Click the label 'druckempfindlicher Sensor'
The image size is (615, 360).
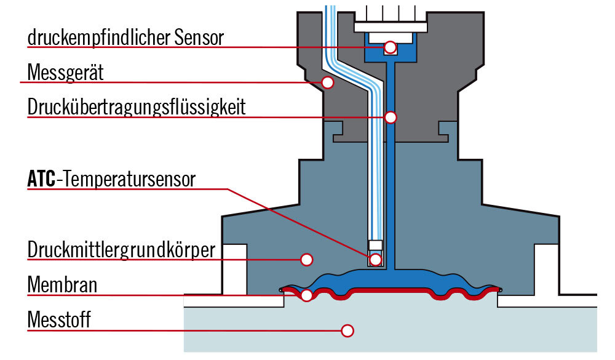pyautogui.click(x=125, y=38)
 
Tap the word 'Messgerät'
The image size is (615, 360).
pyautogui.click(x=66, y=73)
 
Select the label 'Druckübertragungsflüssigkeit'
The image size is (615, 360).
pyautogui.click(x=137, y=107)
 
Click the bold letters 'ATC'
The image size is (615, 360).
pyautogui.click(x=42, y=179)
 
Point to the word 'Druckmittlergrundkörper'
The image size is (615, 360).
pyautogui.click(x=122, y=250)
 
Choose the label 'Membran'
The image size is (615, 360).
pyautogui.click(x=62, y=285)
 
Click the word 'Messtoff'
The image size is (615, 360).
pyautogui.click(x=59, y=319)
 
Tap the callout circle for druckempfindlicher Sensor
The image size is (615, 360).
pyautogui.click(x=391, y=47)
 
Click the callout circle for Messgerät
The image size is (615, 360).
pyautogui.click(x=328, y=82)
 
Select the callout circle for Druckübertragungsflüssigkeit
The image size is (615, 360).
pyautogui.click(x=391, y=118)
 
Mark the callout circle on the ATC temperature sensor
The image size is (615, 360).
pyautogui.click(x=376, y=260)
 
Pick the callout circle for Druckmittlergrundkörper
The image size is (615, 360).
pyautogui.click(x=307, y=260)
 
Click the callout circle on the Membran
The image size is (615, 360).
pyautogui.click(x=307, y=295)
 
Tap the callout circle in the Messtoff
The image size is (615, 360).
pyautogui.click(x=347, y=331)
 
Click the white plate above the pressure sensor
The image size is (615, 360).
pyautogui.click(x=391, y=27)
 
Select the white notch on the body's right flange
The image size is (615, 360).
pyautogui.click(x=546, y=270)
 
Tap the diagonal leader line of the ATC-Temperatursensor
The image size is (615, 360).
pyautogui.click(x=299, y=223)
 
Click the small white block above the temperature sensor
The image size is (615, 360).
pyautogui.click(x=376, y=246)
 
